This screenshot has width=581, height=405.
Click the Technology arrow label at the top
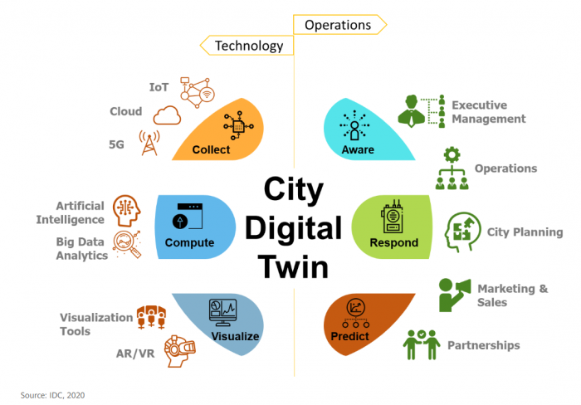pyautogui.click(x=247, y=46)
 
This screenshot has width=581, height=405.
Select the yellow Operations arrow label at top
pyautogui.click(x=339, y=25)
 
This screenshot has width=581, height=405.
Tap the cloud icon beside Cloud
pyautogui.click(x=167, y=115)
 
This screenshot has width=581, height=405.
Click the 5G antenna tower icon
pyautogui.click(x=149, y=143)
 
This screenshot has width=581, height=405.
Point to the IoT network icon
pyautogui.click(x=198, y=93)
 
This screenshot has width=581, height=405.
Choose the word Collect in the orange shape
pyautogui.click(x=211, y=149)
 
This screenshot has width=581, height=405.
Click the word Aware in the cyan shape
pyautogui.click(x=358, y=149)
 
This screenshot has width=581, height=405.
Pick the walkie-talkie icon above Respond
pyautogui.click(x=393, y=217)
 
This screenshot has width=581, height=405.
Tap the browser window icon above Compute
pyautogui.click(x=188, y=217)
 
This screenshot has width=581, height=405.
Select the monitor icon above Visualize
pyautogui.click(x=222, y=312)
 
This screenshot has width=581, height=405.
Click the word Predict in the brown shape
pyautogui.click(x=349, y=336)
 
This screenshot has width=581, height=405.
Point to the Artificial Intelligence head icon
pyautogui.click(x=127, y=211)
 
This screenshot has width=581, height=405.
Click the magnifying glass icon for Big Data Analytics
pyautogui.click(x=127, y=244)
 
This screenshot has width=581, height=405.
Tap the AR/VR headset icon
pyautogui.click(x=180, y=351)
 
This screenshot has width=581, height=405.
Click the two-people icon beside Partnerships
pyautogui.click(x=422, y=344)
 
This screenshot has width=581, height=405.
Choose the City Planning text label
pyautogui.click(x=525, y=232)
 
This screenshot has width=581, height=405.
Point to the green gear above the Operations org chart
pyautogui.click(x=452, y=155)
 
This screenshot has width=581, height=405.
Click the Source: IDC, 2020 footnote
pyautogui.click(x=52, y=395)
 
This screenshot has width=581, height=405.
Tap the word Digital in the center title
pyautogui.click(x=293, y=228)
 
